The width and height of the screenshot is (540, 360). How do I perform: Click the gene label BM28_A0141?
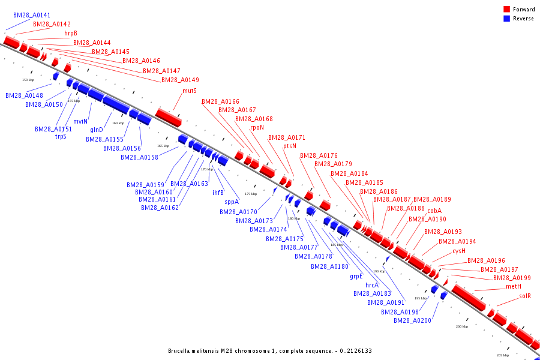coord(32,15)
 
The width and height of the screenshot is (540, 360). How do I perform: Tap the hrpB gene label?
coord(71,34)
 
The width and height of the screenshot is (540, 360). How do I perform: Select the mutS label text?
coord(190,91)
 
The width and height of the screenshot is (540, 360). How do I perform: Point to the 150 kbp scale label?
coord(28,80)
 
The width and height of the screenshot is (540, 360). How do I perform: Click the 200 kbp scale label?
coord(461,327)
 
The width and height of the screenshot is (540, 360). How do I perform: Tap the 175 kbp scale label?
coord(250,194)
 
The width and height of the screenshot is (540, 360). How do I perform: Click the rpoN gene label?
coord(257,128)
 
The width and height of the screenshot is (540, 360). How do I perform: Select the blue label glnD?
coord(97,130)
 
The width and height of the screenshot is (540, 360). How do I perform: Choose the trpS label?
coord(61,137)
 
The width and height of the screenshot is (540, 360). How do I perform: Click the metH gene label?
coord(513,287)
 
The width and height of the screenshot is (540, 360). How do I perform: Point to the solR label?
coord(525,296)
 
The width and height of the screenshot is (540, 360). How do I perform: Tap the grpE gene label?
coord(356,277)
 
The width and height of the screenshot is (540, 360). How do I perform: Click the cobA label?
coord(434,211)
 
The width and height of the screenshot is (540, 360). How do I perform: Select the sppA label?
coord(232,202)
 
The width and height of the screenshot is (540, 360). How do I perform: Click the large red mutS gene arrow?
coord(168,117)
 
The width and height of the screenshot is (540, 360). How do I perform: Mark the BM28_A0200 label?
coord(412,321)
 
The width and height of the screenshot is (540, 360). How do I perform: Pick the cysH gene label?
coord(459,251)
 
